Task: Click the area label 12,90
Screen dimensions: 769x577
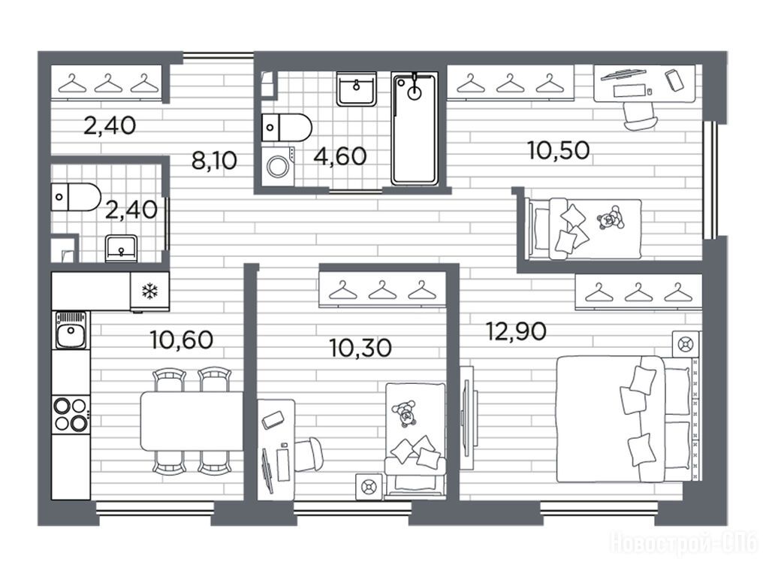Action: (516, 331)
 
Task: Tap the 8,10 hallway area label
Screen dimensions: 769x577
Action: (214, 161)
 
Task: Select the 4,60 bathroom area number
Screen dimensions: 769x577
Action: (340, 156)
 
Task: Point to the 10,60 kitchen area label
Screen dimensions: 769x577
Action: (182, 340)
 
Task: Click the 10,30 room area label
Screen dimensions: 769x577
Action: (361, 348)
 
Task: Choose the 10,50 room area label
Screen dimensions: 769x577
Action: (559, 150)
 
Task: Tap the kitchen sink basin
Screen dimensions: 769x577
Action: (71, 331)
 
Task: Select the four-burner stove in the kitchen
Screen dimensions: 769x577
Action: (71, 415)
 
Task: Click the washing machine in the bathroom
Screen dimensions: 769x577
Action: (278, 166)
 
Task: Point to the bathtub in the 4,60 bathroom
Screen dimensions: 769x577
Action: (415, 128)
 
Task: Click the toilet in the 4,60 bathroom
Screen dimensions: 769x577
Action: (286, 127)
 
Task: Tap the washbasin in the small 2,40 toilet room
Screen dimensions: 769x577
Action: (121, 248)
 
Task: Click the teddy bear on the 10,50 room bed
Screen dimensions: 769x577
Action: (611, 218)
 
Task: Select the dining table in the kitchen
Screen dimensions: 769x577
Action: (191, 421)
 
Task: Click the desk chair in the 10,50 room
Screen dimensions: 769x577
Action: (640, 116)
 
